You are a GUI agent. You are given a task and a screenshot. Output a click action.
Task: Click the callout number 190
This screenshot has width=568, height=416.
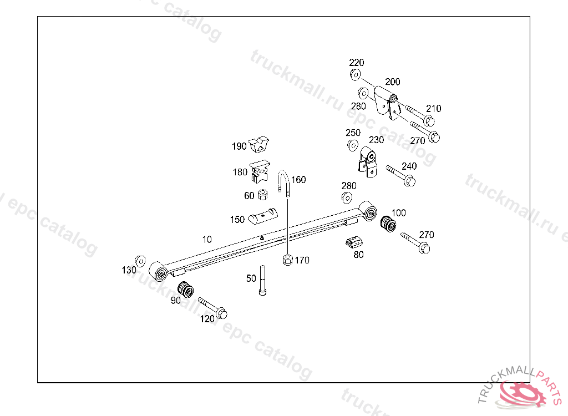239,146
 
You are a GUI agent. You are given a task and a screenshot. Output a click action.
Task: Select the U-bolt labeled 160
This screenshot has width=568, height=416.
284,182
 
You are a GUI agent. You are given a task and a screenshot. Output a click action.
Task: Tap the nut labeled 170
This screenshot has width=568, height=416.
287,260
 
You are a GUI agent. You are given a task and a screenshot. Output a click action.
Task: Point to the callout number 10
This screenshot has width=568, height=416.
207,240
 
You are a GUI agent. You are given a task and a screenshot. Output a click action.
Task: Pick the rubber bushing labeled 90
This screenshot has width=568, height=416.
185,290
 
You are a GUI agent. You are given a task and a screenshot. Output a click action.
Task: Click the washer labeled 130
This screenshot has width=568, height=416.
140,261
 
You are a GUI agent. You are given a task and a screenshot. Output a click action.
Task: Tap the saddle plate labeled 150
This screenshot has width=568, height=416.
262,215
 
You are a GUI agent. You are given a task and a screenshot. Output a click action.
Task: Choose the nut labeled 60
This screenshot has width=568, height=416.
264,195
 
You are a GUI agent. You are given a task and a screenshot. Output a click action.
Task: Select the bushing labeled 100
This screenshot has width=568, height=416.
387,223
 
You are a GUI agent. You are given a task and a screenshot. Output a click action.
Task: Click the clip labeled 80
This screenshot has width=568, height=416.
354,242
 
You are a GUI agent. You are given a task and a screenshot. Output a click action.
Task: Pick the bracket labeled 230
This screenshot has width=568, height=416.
367,161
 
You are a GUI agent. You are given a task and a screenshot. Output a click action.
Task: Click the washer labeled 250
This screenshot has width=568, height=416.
352,145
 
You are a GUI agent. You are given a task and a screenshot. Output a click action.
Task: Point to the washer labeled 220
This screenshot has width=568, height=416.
355,75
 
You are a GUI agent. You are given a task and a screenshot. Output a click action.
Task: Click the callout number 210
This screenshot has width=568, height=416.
434,109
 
